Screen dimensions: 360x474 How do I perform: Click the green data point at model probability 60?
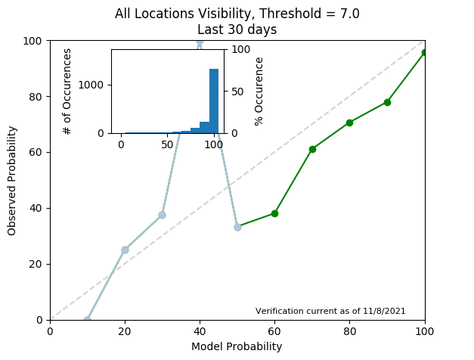[x=274, y=213]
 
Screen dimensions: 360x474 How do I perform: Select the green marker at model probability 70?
[x=312, y=149]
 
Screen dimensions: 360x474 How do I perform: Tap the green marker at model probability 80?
[x=349, y=123]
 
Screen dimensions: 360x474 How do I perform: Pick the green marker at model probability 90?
[x=387, y=102]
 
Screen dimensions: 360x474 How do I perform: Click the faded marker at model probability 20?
[x=125, y=250]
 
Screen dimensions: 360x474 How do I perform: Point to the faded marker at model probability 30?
[x=162, y=215]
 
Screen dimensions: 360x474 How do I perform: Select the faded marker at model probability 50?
[x=237, y=227]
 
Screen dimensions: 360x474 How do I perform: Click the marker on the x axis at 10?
[x=87, y=319]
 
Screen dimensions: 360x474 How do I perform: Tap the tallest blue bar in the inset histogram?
[x=214, y=101]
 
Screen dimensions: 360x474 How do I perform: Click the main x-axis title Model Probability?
[x=237, y=346]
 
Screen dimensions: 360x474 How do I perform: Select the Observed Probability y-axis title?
[x=12, y=179]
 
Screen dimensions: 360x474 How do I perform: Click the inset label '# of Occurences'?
[x=67, y=91]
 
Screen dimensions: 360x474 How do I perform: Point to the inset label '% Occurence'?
[x=259, y=91]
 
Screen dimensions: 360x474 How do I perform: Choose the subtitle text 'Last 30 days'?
[x=237, y=29]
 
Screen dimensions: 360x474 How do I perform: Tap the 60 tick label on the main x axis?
[x=274, y=331]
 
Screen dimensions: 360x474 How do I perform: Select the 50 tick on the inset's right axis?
[x=235, y=91]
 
